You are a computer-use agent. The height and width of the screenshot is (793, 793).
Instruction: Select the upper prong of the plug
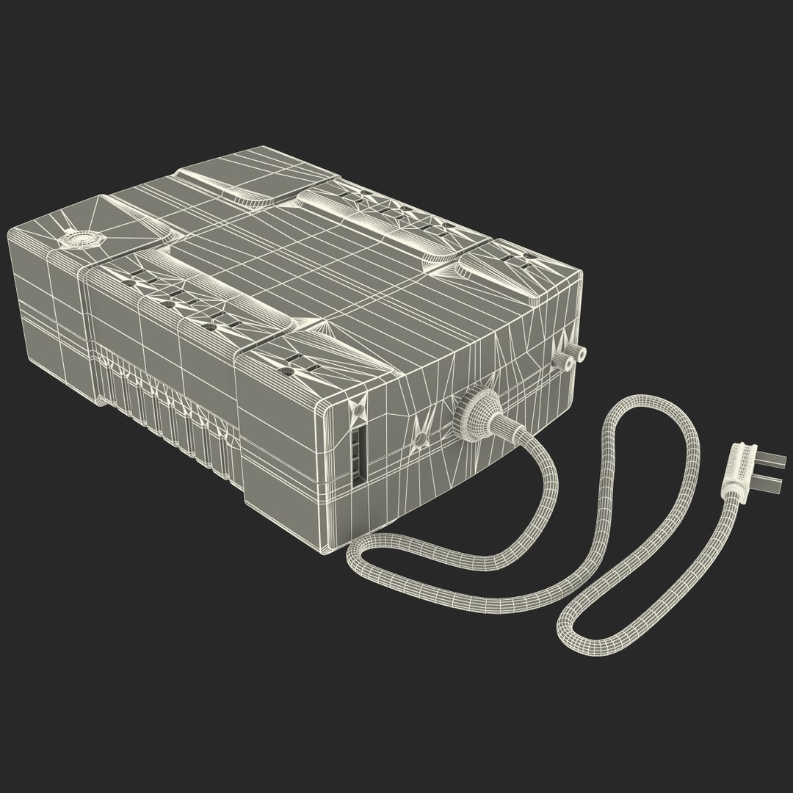point(764,462)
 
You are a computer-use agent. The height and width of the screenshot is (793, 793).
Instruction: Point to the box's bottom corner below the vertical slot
point(335,546)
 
